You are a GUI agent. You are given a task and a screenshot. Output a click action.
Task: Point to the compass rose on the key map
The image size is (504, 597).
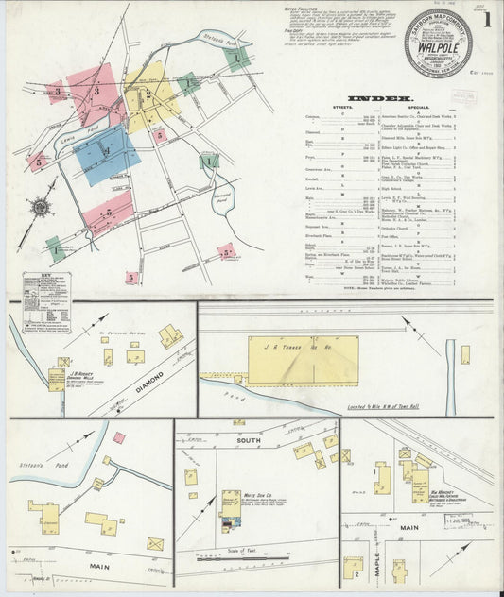(42, 206)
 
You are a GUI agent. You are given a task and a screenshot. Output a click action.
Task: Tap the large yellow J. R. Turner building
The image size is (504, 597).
(303, 359)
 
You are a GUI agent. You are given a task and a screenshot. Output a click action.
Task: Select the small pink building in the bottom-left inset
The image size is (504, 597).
(118, 436)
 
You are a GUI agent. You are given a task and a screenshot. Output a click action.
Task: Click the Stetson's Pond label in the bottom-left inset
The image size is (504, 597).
(34, 464)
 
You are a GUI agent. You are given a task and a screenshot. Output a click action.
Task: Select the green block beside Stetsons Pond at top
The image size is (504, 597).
(240, 58)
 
